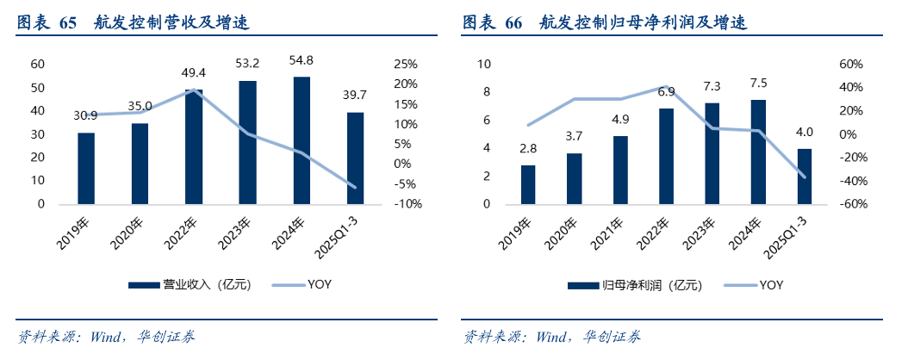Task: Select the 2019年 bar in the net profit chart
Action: [528, 184]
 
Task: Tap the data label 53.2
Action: [247, 63]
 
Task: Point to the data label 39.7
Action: [355, 95]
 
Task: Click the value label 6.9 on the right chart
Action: [666, 91]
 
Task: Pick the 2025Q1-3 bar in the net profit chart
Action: [805, 176]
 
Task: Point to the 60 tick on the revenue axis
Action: [38, 64]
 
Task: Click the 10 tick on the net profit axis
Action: [483, 64]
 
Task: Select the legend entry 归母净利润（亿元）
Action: [633, 285]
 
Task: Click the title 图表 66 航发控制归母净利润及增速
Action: [604, 23]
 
